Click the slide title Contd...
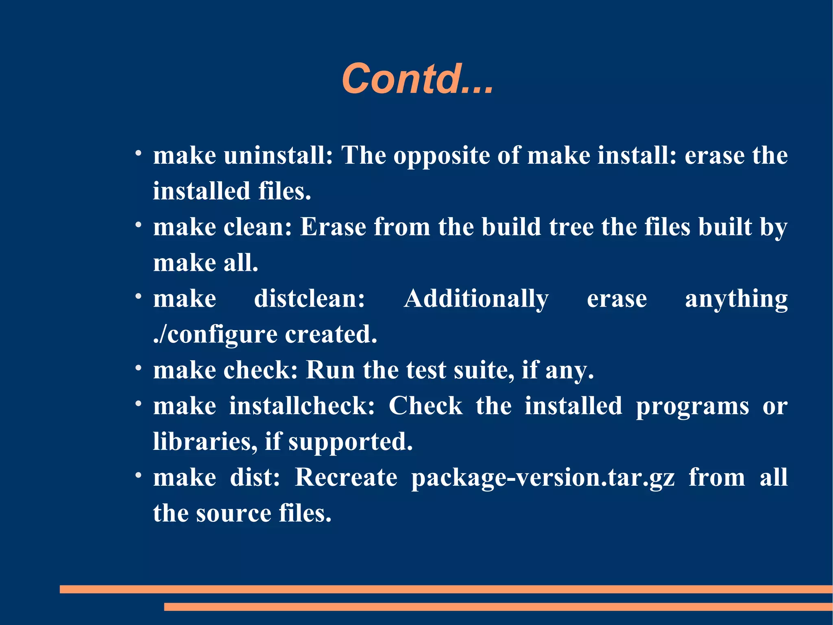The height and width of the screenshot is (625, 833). pos(417,79)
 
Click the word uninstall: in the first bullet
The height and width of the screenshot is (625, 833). pos(278,156)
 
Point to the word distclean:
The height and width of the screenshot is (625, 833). pos(310,298)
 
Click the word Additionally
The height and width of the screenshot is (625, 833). pos(476,298)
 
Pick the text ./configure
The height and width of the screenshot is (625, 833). pos(215,335)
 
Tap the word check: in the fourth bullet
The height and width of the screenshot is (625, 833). pos(261,370)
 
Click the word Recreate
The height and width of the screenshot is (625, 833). pos(346,477)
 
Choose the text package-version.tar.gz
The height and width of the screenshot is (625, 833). pos(543,477)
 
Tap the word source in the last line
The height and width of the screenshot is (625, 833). pos(233,513)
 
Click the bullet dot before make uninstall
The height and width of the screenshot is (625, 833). pos(139,154)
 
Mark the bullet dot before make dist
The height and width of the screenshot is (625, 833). pos(139,475)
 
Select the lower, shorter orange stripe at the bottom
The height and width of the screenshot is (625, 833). pos(498,607)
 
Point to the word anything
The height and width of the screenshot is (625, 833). pos(736,298)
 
